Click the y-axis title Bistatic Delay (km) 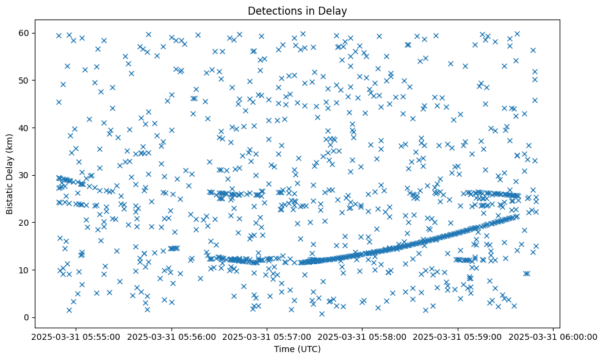(10, 175)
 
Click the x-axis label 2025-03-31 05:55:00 (76, 337)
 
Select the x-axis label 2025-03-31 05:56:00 (172, 337)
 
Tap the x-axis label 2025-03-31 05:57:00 (267, 337)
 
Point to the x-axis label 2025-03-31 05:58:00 (363, 337)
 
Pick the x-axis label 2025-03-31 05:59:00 (458, 337)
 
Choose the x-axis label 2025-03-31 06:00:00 (553, 337)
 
